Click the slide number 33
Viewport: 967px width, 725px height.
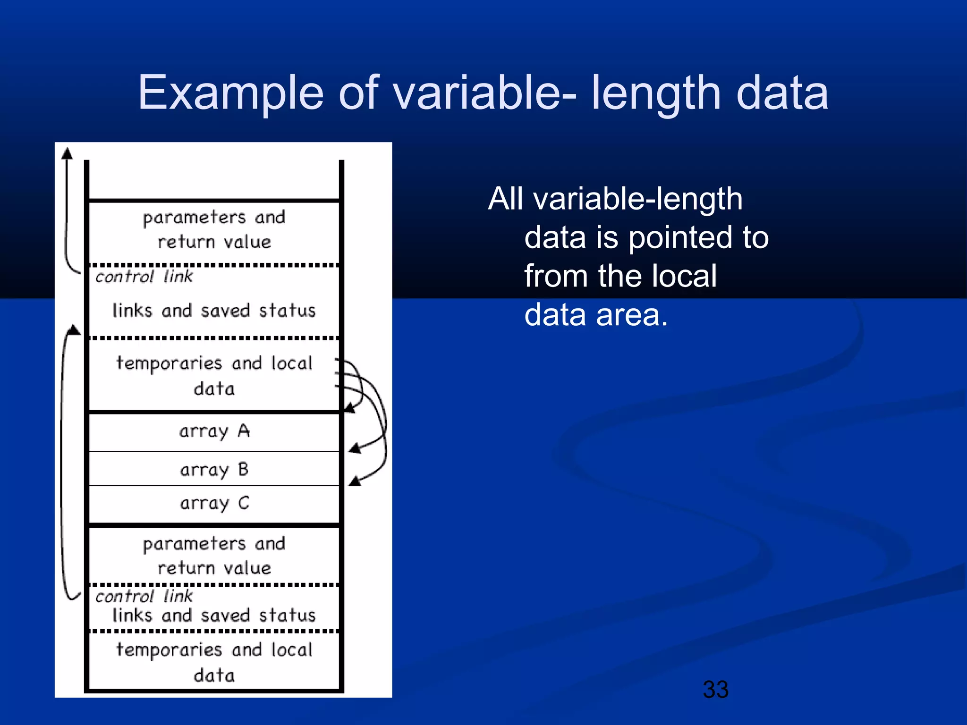(x=715, y=690)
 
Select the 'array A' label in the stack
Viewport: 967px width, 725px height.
(x=214, y=431)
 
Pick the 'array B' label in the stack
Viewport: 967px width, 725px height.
(x=214, y=470)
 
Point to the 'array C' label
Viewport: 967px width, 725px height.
(x=214, y=503)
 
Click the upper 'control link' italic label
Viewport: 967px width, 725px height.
(x=144, y=276)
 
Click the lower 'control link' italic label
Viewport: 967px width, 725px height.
(x=144, y=596)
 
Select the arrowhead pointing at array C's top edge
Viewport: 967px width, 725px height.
(x=355, y=481)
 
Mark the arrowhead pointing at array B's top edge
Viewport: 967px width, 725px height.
(x=355, y=448)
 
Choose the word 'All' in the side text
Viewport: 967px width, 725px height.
(x=505, y=199)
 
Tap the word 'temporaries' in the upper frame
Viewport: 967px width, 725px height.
(x=169, y=363)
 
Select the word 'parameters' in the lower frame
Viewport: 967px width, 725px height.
(x=194, y=544)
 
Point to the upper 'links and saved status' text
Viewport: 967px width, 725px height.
(x=214, y=311)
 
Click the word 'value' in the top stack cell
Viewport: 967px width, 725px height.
(x=247, y=242)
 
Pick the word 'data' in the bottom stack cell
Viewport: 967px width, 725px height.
(x=214, y=675)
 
